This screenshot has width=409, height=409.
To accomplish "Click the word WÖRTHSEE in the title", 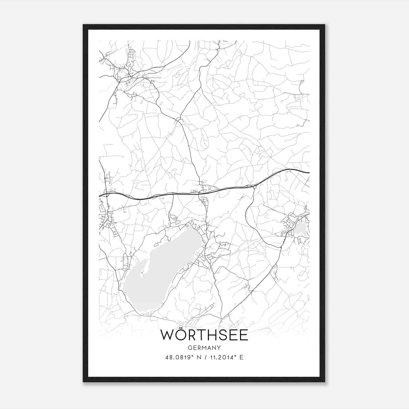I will point(204,335).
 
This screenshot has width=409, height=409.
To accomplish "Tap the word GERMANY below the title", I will point(204,348).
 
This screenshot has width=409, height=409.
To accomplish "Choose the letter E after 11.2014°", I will point(241,357).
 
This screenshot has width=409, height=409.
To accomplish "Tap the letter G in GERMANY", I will point(189,348).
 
